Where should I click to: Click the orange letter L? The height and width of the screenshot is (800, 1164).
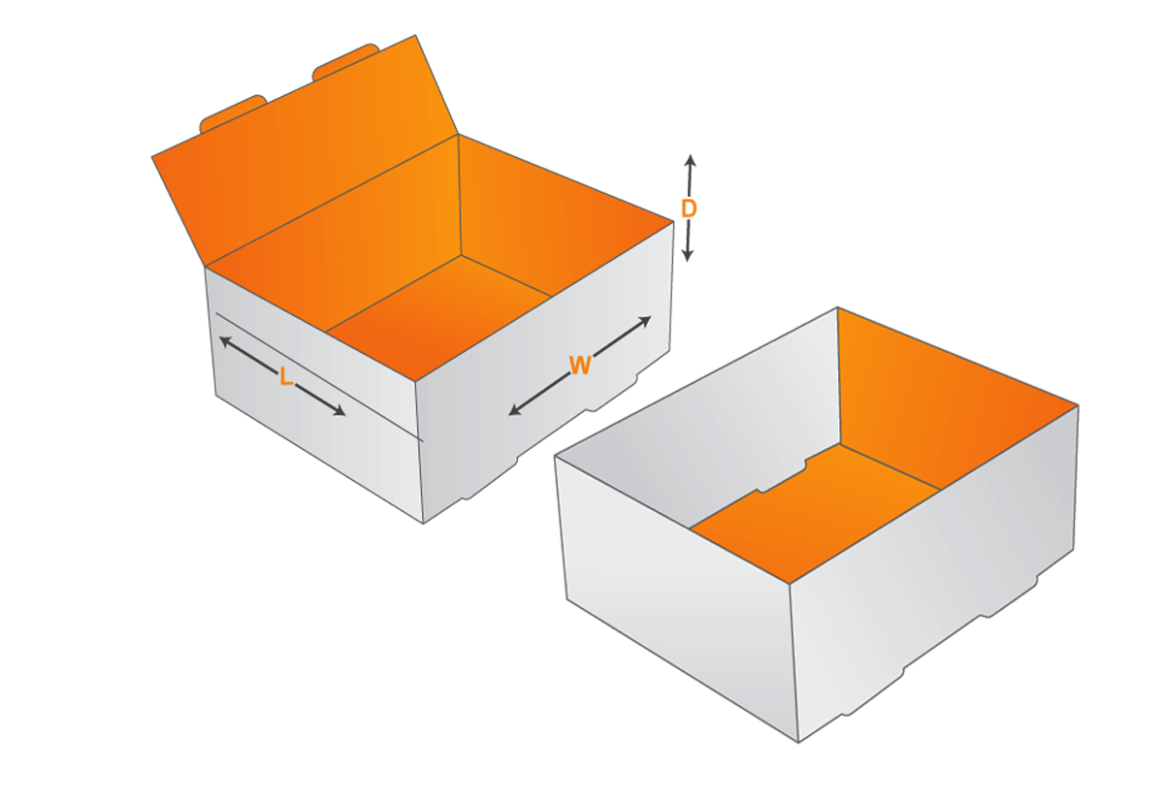(x=285, y=376)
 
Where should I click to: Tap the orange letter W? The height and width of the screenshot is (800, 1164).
(x=580, y=366)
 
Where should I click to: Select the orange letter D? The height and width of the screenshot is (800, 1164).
(x=688, y=208)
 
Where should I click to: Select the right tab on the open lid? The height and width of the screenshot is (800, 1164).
(x=344, y=60)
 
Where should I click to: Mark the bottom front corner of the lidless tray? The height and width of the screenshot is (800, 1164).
(x=798, y=742)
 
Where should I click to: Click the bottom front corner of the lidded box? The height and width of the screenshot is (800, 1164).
(x=424, y=523)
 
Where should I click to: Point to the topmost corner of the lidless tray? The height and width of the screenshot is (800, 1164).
(x=837, y=308)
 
